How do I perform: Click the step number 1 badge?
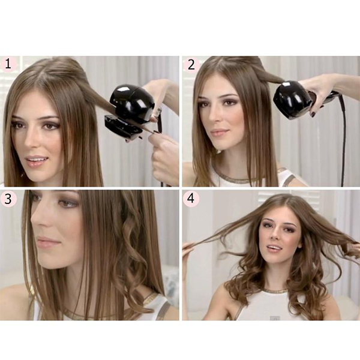[x=8, y=64]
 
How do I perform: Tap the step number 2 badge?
[x=191, y=65]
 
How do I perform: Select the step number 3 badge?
[x=8, y=199]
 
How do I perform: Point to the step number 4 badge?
[x=191, y=199]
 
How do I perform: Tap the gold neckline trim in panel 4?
[x=275, y=291]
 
